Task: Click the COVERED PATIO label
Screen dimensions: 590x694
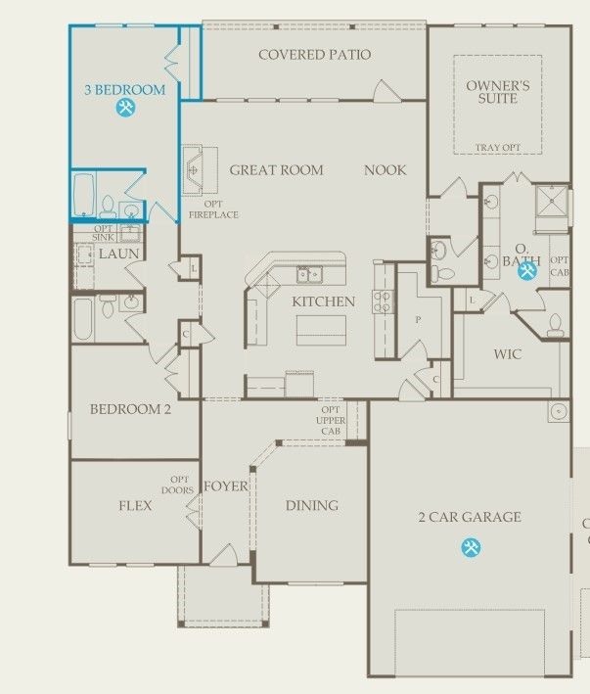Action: (x=314, y=55)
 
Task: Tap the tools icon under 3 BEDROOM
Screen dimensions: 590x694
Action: (x=125, y=108)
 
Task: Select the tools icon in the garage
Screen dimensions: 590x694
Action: (x=471, y=547)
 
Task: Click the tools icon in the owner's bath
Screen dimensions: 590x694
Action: (x=527, y=270)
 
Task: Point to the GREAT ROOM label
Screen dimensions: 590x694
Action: (x=277, y=170)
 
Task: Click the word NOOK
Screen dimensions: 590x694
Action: (x=386, y=170)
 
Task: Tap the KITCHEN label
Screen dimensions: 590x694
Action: (x=323, y=301)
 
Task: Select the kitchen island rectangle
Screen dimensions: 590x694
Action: (x=321, y=330)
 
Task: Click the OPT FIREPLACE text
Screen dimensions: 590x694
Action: (x=213, y=209)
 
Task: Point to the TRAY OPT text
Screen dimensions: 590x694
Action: (x=498, y=148)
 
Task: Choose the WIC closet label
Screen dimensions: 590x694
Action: (x=508, y=354)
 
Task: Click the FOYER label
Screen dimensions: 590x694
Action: (x=226, y=486)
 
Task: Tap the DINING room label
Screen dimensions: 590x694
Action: (x=312, y=505)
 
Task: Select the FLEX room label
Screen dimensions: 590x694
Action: (x=135, y=505)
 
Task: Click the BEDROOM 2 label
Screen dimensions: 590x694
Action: (x=130, y=409)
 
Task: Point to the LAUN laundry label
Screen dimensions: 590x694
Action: (x=119, y=254)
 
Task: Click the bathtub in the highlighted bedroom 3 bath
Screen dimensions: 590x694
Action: (x=84, y=195)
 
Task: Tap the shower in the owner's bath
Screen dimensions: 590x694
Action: (x=552, y=202)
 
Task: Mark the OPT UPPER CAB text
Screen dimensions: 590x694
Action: (x=331, y=421)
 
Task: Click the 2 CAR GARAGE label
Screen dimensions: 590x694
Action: (x=470, y=517)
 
